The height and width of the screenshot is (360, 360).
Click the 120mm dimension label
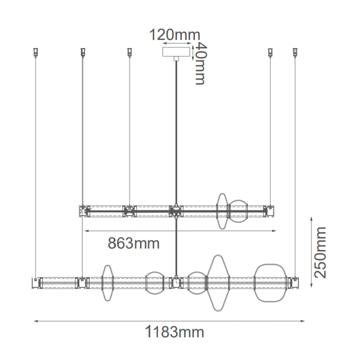(175, 35)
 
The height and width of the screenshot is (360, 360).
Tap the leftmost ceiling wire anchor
(35, 52)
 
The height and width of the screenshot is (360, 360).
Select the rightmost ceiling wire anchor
(295, 52)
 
